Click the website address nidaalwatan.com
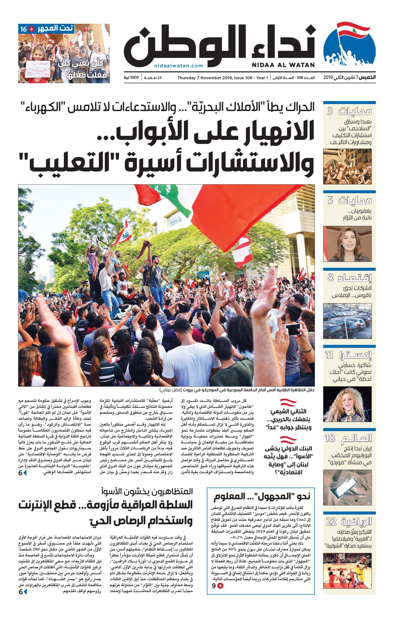coord(179,66)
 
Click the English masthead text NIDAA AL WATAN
coord(283,65)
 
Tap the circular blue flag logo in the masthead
coord(349,46)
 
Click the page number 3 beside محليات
coord(330,111)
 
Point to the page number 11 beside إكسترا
coord(329,355)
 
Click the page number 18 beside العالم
coord(330,438)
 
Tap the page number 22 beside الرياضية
coord(331,521)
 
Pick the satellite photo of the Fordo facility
coord(347,487)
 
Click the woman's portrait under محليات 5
coord(347,244)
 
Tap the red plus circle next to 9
coord(220,591)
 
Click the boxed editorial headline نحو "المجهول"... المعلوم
coord(262,496)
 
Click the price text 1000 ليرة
coord(131,78)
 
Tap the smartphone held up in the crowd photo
coord(293,329)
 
